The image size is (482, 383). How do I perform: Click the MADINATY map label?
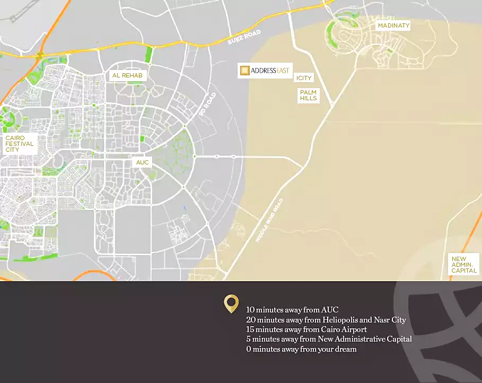tap(393, 25)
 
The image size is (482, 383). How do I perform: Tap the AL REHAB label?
tap(127, 76)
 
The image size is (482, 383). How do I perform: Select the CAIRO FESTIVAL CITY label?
tap(20, 144)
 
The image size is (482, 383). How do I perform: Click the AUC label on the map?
tap(143, 162)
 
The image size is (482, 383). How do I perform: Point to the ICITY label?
tap(304, 78)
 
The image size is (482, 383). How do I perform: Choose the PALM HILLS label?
tap(308, 95)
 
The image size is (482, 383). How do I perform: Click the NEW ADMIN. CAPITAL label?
tap(464, 265)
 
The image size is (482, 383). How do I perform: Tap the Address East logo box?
tap(265, 71)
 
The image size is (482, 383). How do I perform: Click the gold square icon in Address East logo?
tap(244, 71)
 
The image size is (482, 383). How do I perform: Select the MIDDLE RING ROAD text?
tap(270, 220)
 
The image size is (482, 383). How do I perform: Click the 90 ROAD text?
tap(207, 105)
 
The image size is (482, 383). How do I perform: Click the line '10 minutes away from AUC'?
tap(292, 310)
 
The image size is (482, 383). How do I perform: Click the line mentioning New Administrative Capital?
tap(329, 339)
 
